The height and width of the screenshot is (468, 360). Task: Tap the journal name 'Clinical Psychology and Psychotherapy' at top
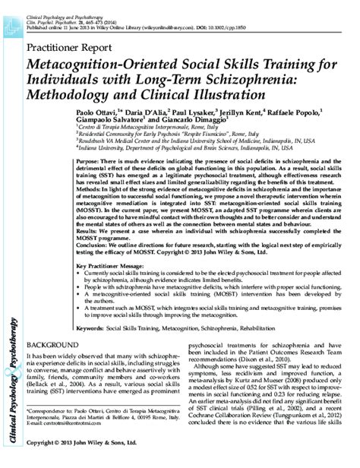click(x=71, y=6)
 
